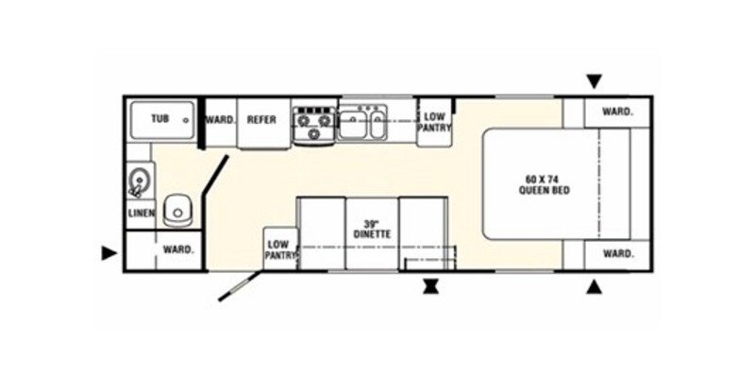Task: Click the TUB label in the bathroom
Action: [159, 119]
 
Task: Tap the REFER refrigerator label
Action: [261, 120]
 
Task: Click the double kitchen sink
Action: [361, 123]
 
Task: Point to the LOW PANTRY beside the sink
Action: [434, 123]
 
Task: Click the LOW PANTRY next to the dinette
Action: [281, 249]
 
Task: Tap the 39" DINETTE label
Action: [372, 229]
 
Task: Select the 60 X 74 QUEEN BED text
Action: [545, 185]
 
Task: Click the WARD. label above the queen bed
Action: [617, 112]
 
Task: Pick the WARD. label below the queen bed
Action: [617, 253]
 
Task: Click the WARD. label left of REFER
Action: [221, 120]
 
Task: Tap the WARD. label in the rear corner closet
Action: [178, 249]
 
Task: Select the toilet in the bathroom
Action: [177, 211]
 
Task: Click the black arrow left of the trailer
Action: [109, 252]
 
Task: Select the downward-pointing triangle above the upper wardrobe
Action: [595, 81]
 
